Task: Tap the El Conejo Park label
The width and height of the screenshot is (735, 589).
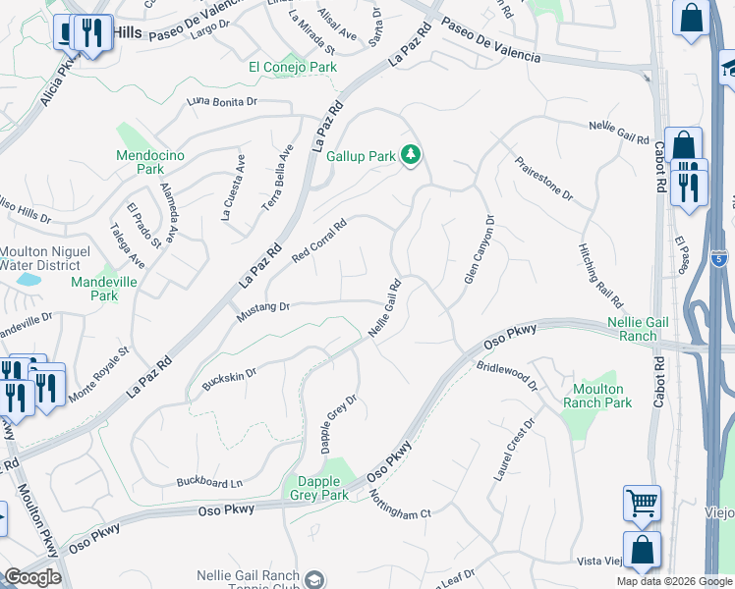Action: point(293,67)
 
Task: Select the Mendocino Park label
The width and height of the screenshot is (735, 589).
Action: point(140,162)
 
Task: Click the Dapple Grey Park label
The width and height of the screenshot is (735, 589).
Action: point(319,488)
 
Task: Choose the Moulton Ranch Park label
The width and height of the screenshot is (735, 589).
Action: point(598,396)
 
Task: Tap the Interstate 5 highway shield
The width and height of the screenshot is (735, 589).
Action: point(720,259)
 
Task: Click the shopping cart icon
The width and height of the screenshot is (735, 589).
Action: point(642,504)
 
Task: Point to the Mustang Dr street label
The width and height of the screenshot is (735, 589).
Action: point(263,312)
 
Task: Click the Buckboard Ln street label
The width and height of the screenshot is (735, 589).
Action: point(209,482)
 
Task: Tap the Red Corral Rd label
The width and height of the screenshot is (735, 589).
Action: point(320,241)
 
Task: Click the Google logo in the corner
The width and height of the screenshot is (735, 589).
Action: point(32,577)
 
